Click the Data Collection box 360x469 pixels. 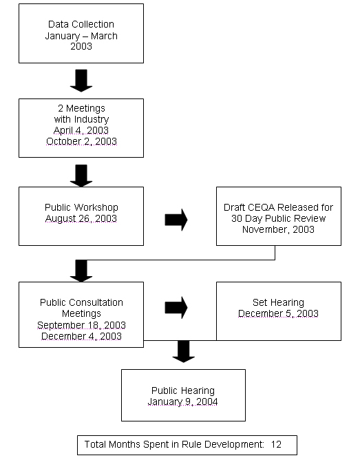click(x=81, y=33)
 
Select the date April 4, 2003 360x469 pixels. click(x=81, y=131)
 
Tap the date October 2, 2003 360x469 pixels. click(x=81, y=142)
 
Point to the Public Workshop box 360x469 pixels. click(x=81, y=216)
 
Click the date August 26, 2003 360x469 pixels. click(x=81, y=219)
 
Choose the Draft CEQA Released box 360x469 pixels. click(x=278, y=216)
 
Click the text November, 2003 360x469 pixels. click(x=278, y=229)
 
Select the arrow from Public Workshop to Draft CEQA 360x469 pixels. click(x=176, y=220)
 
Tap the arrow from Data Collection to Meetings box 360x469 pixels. click(x=81, y=80)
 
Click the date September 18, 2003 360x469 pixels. click(x=81, y=325)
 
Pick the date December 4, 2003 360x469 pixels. click(x=81, y=336)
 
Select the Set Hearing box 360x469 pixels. click(x=278, y=311)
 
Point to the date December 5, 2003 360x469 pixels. click(x=278, y=314)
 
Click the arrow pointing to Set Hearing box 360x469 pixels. click(x=176, y=308)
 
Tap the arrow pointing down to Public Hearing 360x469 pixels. click(x=183, y=351)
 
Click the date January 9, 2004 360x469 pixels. click(x=183, y=402)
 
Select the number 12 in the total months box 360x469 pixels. click(x=276, y=445)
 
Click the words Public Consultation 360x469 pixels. click(x=81, y=302)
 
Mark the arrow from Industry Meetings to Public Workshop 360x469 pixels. click(x=81, y=175)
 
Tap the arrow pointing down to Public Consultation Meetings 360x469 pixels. click(x=81, y=270)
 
